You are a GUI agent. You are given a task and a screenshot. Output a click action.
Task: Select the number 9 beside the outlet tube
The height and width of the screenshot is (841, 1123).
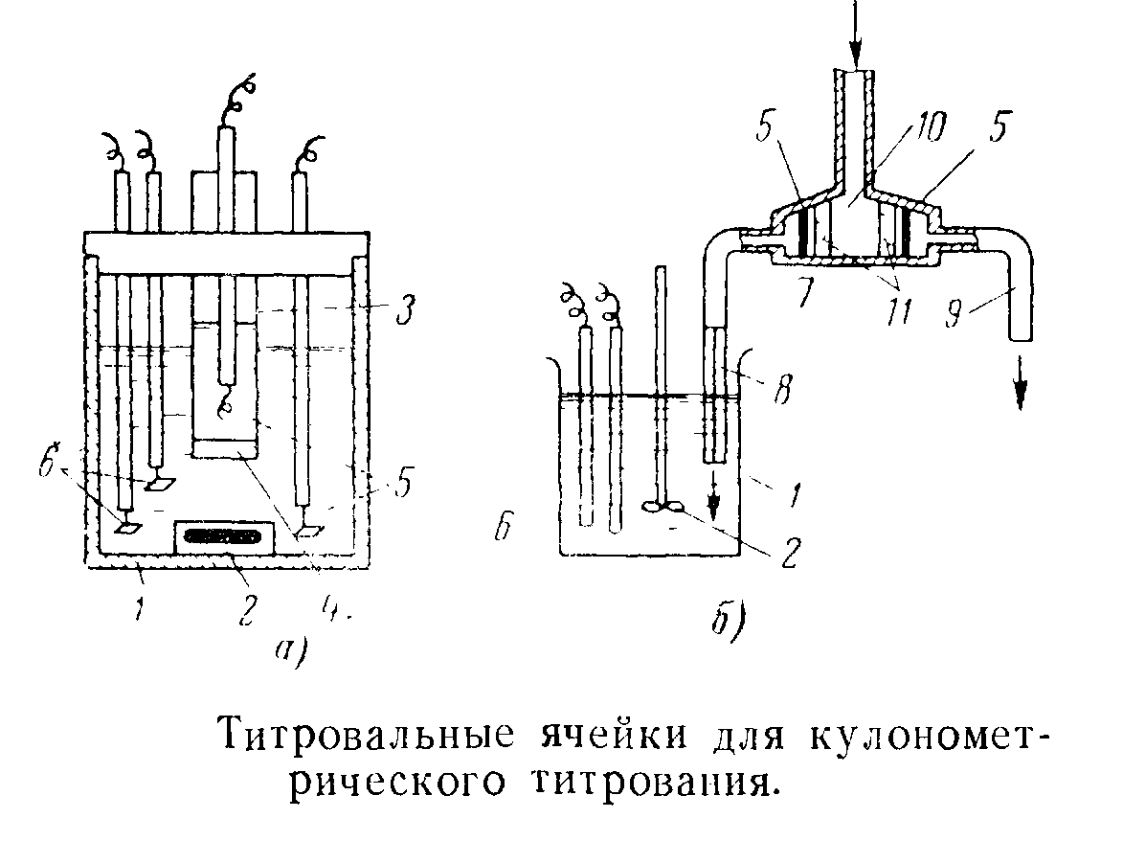click(x=955, y=313)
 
